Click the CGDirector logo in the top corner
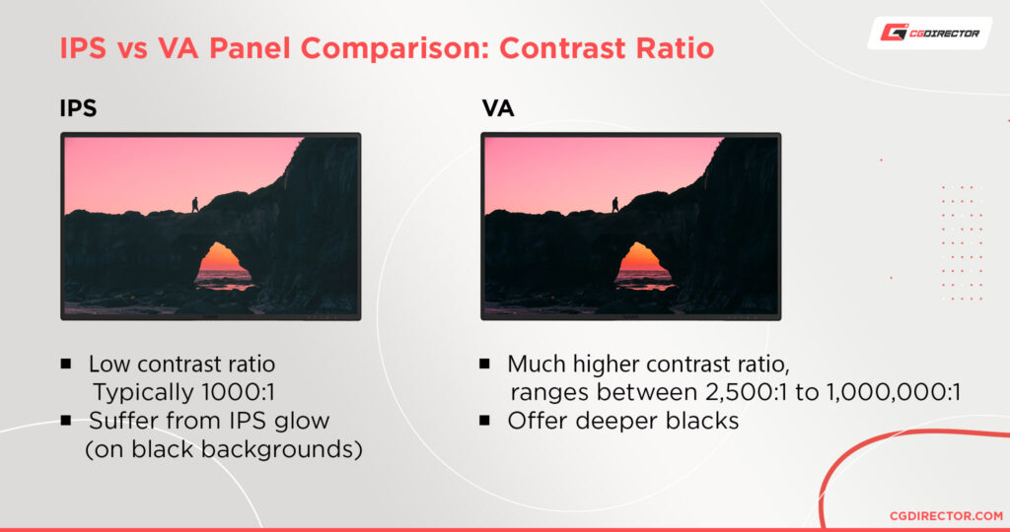click(929, 33)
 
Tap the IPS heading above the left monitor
click(78, 108)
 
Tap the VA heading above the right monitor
click(499, 108)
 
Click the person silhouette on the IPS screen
click(194, 204)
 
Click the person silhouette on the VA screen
click(614, 205)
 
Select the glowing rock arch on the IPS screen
click(223, 264)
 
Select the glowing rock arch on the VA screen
click(644, 264)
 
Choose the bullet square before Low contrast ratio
click(66, 364)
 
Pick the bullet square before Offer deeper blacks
click(485, 421)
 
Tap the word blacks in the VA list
click(704, 421)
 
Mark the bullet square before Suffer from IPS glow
click(66, 421)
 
